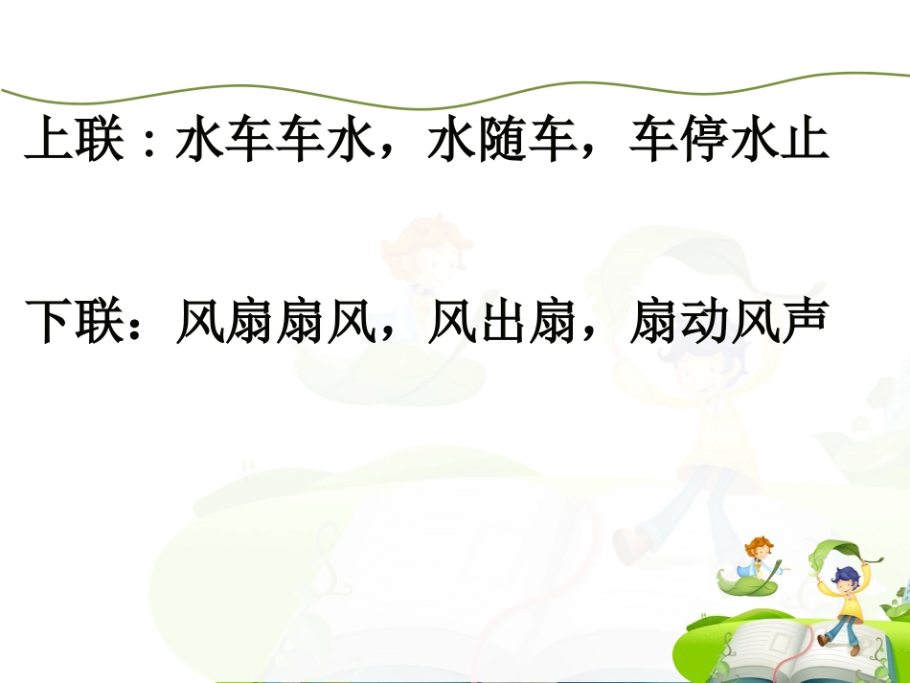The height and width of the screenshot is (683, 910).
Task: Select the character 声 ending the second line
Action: click(x=805, y=323)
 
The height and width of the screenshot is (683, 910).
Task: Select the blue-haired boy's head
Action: click(x=845, y=577)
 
